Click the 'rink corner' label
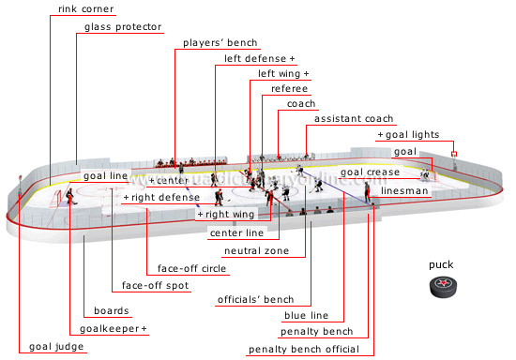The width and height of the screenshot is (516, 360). (85, 9)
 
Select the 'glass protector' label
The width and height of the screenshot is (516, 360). (123, 27)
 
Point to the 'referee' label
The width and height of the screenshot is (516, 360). (289, 88)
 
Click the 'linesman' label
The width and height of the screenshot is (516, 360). (405, 190)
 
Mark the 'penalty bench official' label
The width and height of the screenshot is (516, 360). (303, 350)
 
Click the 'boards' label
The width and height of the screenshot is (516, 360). (112, 311)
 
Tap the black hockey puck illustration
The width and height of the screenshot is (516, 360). (442, 289)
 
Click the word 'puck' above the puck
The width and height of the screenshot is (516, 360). (442, 264)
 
